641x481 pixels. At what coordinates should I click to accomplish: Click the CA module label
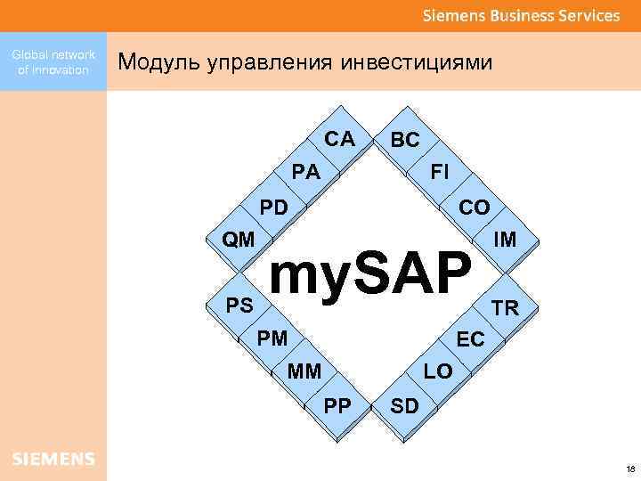(x=339, y=139)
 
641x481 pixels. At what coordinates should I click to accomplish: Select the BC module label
(x=405, y=140)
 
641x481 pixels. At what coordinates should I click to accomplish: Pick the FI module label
(x=440, y=172)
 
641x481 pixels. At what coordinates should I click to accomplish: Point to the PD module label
(x=273, y=208)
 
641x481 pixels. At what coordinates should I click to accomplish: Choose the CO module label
(x=474, y=208)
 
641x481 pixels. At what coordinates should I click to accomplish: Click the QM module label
(x=239, y=240)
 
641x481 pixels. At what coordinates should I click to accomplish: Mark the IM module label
(x=505, y=240)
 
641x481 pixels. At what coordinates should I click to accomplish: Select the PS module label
(x=239, y=306)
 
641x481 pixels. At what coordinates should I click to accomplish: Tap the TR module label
(x=505, y=308)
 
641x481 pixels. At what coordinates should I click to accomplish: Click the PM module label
(x=272, y=338)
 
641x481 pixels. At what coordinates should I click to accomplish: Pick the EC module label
(x=470, y=339)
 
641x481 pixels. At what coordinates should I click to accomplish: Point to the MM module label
(x=305, y=370)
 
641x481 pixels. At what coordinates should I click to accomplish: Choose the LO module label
(x=437, y=371)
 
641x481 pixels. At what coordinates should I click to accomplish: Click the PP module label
(x=337, y=405)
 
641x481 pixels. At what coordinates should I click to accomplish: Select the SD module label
(x=405, y=406)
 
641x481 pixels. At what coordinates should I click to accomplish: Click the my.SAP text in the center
(x=369, y=275)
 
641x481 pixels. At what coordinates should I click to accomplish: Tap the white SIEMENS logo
(x=53, y=460)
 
